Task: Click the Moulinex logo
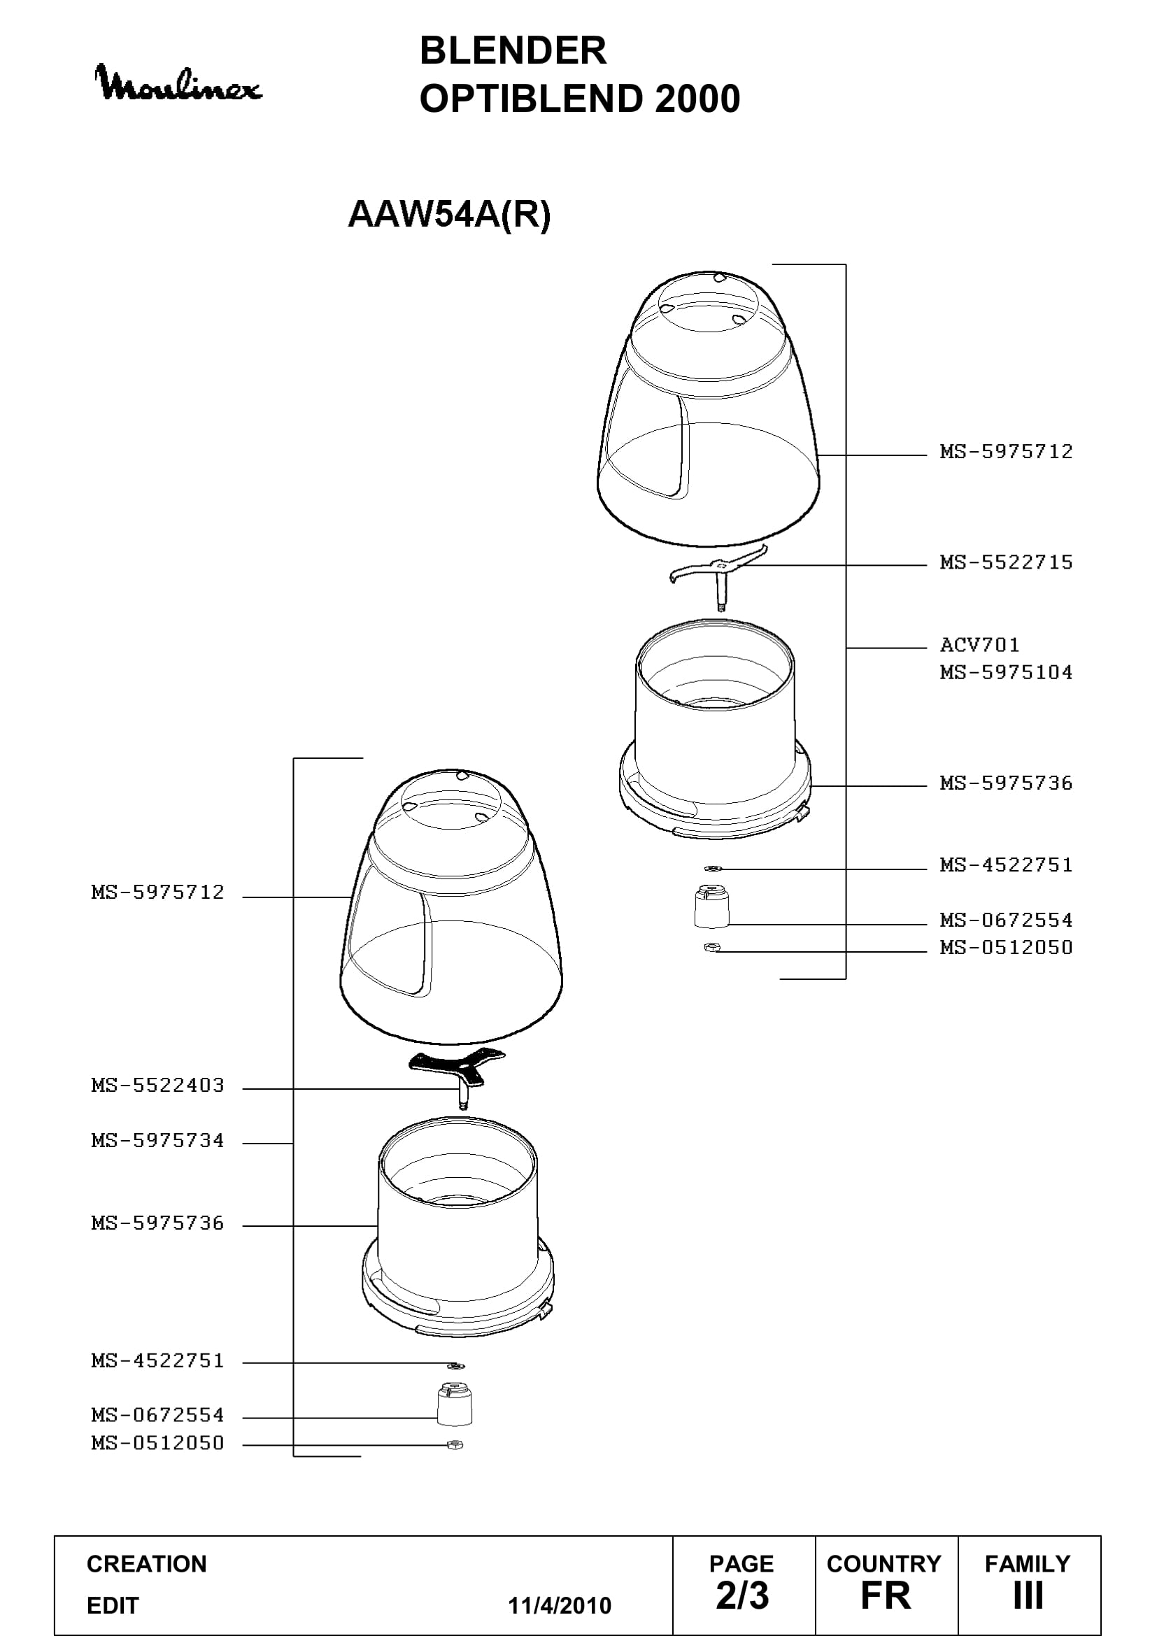point(178,84)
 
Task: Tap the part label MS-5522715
point(1006,562)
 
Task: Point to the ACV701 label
point(979,645)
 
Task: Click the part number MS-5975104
point(1006,672)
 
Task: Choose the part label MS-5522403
point(157,1086)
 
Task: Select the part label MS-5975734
point(157,1141)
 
